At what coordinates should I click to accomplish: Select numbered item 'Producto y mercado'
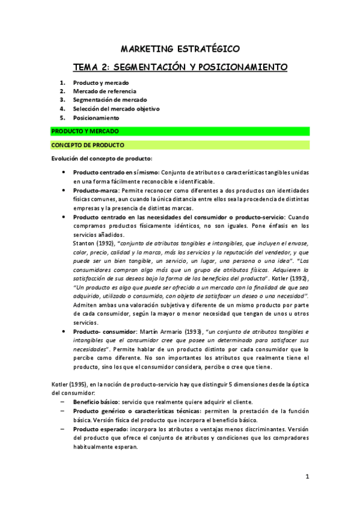pos(100,82)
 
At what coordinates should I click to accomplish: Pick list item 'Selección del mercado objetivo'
pos(116,109)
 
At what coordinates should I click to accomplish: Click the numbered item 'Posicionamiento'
pos(96,118)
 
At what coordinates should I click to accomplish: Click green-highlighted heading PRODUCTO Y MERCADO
pos(85,131)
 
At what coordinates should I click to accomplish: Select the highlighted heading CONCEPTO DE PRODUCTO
pos(88,145)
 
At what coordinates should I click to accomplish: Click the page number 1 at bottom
pos(307,477)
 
